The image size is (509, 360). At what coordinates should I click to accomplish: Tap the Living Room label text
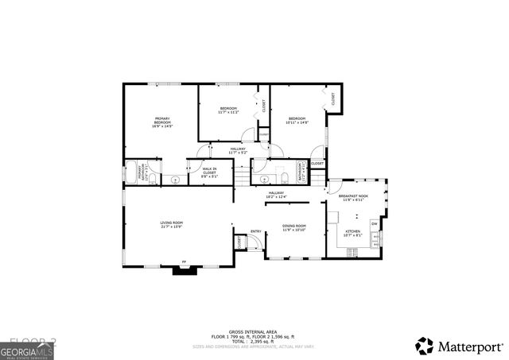tap(172, 224)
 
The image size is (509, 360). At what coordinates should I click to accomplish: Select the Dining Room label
tap(295, 228)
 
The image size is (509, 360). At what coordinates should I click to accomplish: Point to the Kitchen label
tap(352, 233)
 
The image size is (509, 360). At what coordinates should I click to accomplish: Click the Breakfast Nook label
tap(352, 197)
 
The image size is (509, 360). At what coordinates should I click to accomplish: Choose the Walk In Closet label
tap(210, 171)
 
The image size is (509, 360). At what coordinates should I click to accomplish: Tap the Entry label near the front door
tap(256, 231)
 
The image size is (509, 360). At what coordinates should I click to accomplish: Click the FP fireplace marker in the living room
tap(185, 261)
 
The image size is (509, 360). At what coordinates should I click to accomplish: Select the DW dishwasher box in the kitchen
tap(374, 223)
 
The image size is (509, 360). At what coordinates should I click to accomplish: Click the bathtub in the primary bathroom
tap(131, 173)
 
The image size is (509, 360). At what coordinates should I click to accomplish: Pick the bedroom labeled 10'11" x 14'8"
tap(297, 120)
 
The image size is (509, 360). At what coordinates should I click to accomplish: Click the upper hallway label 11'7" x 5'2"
tap(239, 150)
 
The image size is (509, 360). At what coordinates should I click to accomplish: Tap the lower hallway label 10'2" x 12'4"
tap(276, 194)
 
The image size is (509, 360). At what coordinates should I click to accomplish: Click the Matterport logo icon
tap(425, 346)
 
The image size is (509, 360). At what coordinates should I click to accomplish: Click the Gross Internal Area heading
tap(254, 331)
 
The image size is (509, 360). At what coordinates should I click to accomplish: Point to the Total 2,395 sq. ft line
tap(254, 340)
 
